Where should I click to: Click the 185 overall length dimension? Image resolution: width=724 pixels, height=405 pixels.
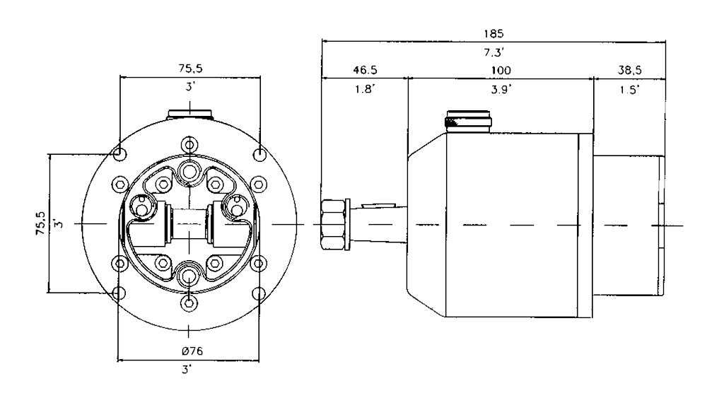[494, 34]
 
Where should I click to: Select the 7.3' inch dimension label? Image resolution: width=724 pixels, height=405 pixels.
[494, 52]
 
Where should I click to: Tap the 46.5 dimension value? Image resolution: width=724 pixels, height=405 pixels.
[365, 70]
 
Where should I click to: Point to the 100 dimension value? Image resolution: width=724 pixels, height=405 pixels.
[501, 70]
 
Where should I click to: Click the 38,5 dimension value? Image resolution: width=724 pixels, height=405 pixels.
[630, 70]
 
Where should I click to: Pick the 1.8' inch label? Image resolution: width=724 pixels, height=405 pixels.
[365, 89]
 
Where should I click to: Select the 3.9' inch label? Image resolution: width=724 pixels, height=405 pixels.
[501, 89]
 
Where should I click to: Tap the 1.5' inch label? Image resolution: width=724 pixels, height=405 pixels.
[630, 89]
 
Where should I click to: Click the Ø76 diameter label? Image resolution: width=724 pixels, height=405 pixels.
[192, 351]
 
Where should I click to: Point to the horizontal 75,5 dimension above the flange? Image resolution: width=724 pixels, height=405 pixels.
[191, 69]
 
